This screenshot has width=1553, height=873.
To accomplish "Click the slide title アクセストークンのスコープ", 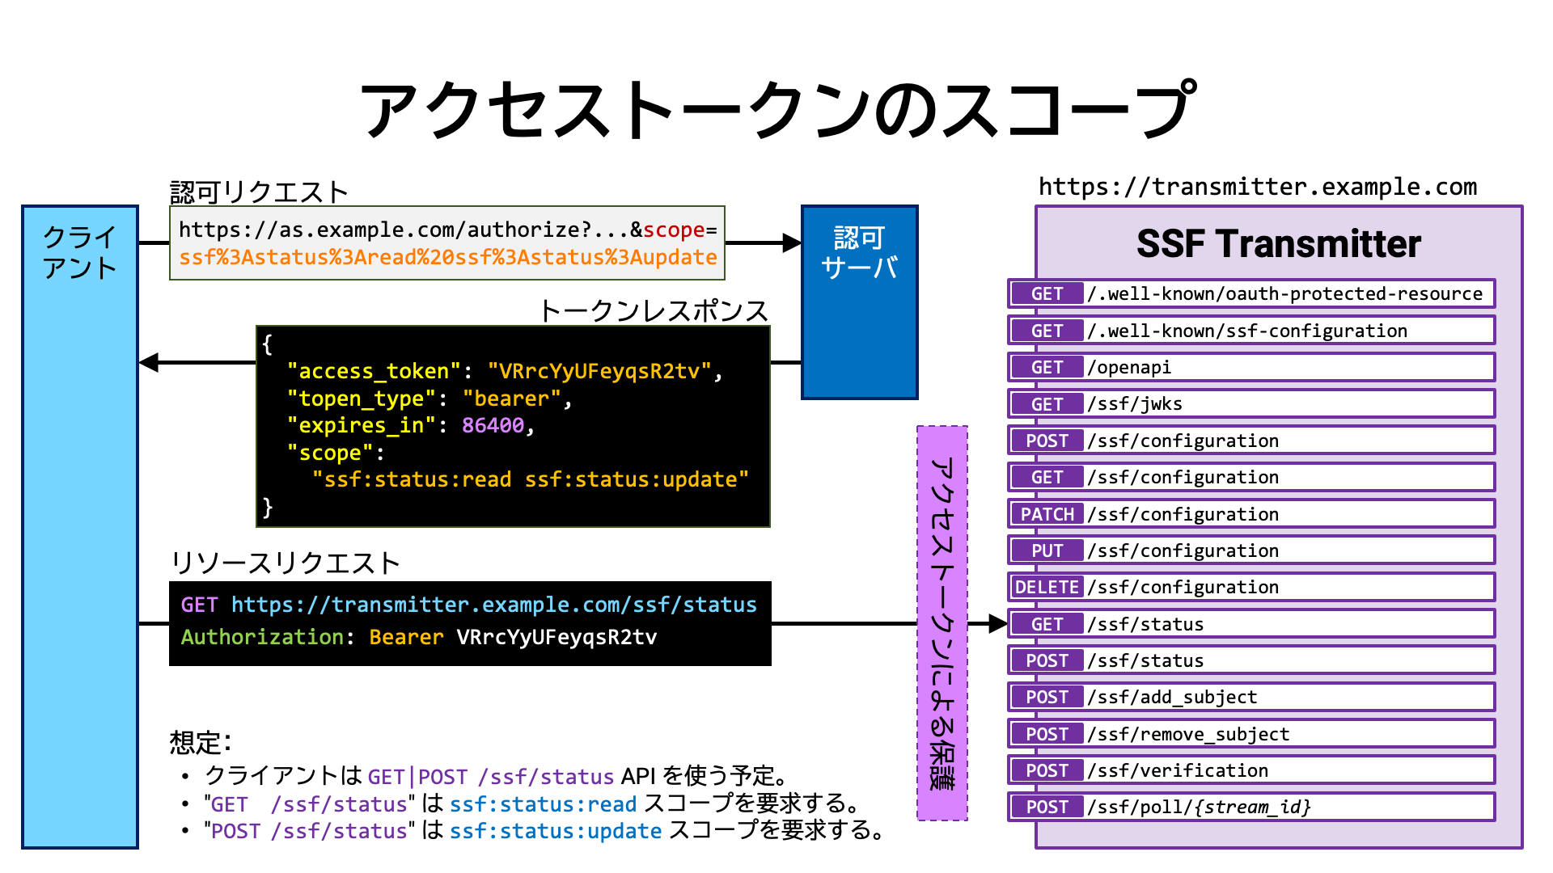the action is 776,109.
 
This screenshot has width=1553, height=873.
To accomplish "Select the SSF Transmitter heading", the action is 1278,243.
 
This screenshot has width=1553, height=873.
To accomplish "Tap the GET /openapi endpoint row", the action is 1251,367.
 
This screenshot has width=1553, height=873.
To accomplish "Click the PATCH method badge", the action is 1047,514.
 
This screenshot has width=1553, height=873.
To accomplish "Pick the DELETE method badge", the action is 1047,587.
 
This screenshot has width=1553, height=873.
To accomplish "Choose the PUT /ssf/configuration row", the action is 1251,550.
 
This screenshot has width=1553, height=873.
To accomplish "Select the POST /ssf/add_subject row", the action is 1251,697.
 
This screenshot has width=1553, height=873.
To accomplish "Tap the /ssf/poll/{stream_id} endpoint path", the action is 1199,807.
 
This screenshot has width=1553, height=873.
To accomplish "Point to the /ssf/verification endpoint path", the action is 1178,770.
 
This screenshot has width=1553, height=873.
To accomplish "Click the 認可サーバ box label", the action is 859,252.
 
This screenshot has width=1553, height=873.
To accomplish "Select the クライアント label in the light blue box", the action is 79,252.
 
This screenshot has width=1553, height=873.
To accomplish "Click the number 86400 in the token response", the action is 493,425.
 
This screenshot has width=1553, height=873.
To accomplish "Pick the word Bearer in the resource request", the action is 406,637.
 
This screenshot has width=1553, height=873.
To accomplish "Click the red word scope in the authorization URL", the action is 674,230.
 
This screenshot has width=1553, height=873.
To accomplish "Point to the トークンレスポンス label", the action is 654,310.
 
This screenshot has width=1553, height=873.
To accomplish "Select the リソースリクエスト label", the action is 286,563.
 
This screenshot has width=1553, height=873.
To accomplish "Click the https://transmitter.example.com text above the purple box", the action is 1258,187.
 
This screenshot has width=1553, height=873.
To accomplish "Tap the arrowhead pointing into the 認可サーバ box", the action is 792,242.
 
